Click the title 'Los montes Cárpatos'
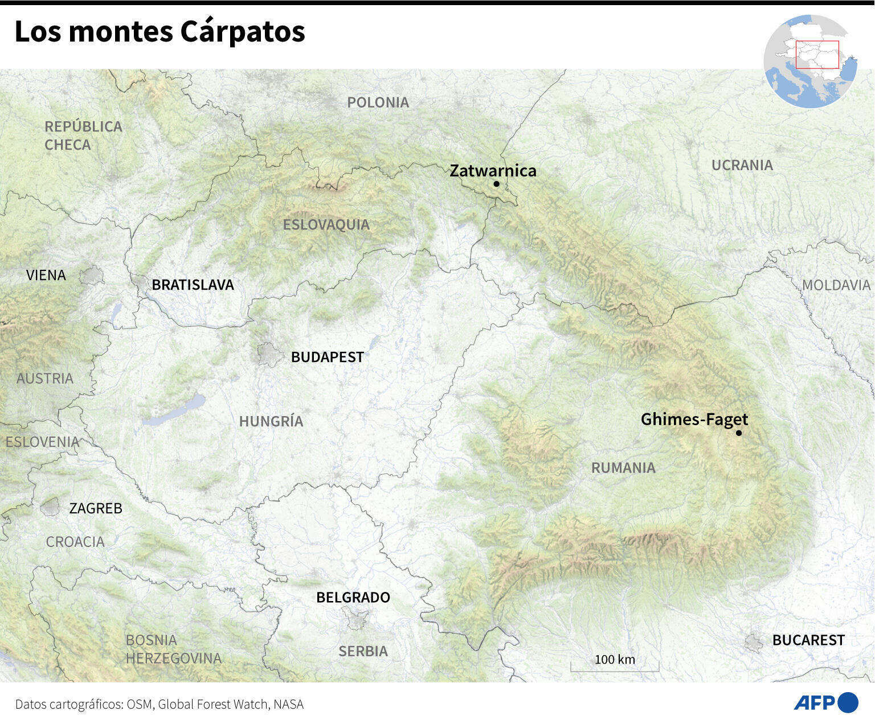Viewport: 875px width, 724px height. pyautogui.click(x=160, y=32)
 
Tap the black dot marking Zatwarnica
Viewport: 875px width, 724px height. pyautogui.click(x=497, y=184)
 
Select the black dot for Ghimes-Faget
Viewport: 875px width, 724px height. pyautogui.click(x=739, y=433)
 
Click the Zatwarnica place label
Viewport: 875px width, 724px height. pyautogui.click(x=493, y=171)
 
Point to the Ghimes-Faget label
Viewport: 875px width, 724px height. pyautogui.click(x=694, y=419)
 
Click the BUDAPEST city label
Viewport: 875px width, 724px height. pyautogui.click(x=327, y=357)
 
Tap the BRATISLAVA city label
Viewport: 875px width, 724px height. pyautogui.click(x=193, y=285)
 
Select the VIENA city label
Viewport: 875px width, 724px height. pyautogui.click(x=46, y=275)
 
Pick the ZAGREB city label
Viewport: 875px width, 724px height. pyautogui.click(x=96, y=508)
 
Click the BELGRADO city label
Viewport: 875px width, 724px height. pyautogui.click(x=353, y=598)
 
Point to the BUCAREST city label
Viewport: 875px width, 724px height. pyautogui.click(x=808, y=640)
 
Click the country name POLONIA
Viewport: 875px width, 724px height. pyautogui.click(x=378, y=102)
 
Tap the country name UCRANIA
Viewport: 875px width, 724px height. pyautogui.click(x=742, y=165)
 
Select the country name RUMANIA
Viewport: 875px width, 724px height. pyautogui.click(x=623, y=468)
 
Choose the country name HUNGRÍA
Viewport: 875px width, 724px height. pyautogui.click(x=271, y=422)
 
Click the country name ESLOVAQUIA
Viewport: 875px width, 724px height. pyautogui.click(x=326, y=225)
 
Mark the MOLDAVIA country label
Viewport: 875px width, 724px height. pyautogui.click(x=836, y=285)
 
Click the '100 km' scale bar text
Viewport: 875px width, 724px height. pyautogui.click(x=615, y=660)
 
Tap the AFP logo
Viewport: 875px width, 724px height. pyautogui.click(x=825, y=703)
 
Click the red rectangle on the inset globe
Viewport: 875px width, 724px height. pyautogui.click(x=817, y=55)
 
